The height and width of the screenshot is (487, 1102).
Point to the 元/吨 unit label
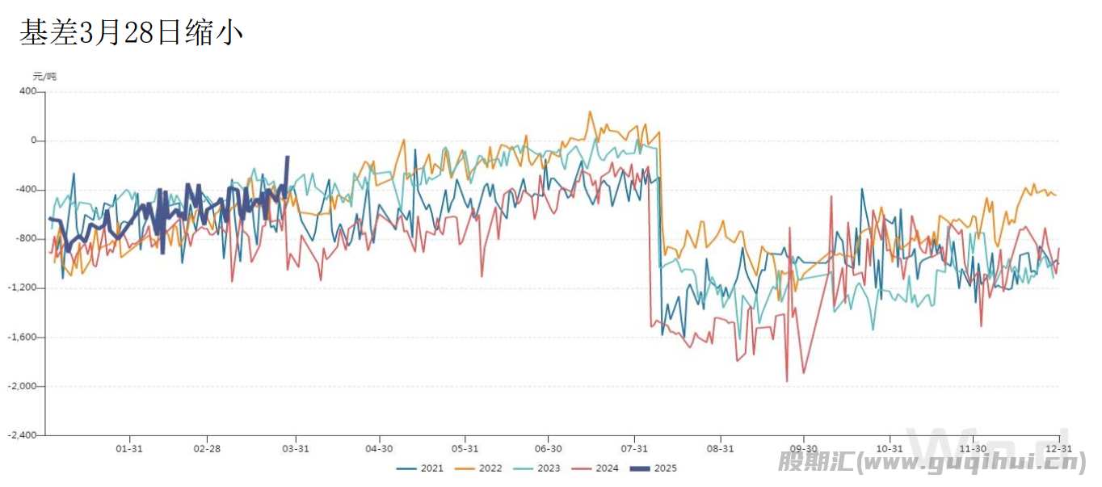click(44, 77)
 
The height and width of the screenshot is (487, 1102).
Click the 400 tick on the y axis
click(28, 91)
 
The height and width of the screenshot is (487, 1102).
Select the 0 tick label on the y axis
click(33, 141)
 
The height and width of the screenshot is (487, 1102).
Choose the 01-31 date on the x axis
click(129, 448)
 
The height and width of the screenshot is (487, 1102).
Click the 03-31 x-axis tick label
click(296, 448)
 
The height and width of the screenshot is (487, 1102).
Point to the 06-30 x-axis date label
click(549, 448)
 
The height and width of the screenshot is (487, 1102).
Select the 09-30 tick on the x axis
click(803, 448)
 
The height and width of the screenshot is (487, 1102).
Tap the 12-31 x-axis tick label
click(1059, 448)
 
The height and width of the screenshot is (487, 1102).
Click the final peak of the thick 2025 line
click(288, 157)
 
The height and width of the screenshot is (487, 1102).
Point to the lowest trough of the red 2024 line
click(786, 381)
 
